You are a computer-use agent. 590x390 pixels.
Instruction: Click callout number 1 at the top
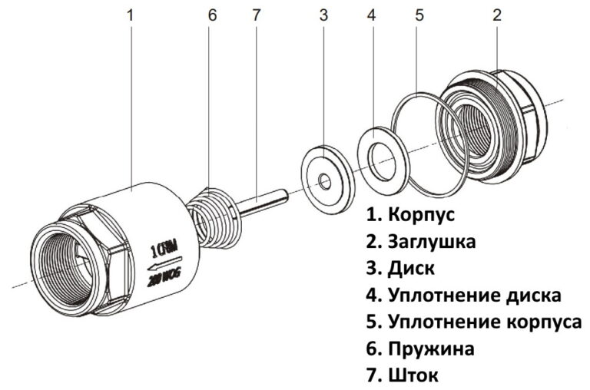(131, 15)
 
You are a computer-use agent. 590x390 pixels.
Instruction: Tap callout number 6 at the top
(212, 15)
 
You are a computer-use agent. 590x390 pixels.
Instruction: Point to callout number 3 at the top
(323, 15)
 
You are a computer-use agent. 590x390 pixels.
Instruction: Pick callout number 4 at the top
(372, 15)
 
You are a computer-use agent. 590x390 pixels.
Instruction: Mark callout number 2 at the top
(497, 15)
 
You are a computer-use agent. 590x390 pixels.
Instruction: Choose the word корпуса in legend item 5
(542, 322)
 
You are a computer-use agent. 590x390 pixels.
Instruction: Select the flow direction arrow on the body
(164, 266)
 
